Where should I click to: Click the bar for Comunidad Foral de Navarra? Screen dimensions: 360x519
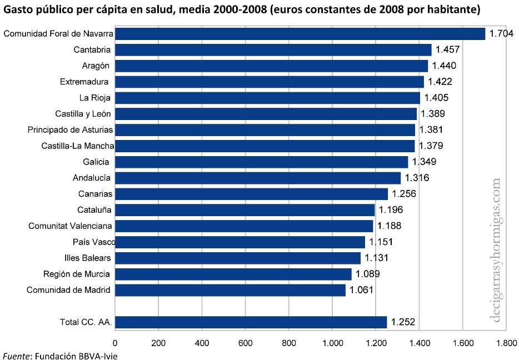pyautogui.click(x=300, y=34)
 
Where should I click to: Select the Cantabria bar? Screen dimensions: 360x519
pyautogui.click(x=273, y=50)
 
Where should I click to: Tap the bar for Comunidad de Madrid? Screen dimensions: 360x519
pyautogui.click(x=230, y=290)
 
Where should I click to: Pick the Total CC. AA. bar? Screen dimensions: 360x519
pyautogui.click(x=251, y=322)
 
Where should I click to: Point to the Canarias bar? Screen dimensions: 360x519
pyautogui.click(x=251, y=194)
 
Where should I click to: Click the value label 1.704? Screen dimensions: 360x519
pyautogui.click(x=501, y=34)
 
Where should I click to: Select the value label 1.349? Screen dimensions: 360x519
pyautogui.click(x=424, y=162)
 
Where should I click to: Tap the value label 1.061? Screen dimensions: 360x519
pyautogui.click(x=361, y=290)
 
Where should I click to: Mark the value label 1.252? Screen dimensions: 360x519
pyautogui.click(x=403, y=322)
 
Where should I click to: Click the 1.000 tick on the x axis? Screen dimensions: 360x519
pyautogui.click(x=332, y=343)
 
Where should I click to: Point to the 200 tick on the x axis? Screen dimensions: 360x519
pyautogui.click(x=158, y=343)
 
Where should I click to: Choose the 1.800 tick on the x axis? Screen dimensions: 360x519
pyautogui.click(x=505, y=343)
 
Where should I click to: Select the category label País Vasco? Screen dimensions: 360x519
pyautogui.click(x=93, y=242)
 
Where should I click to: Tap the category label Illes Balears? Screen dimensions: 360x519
pyautogui.click(x=87, y=258)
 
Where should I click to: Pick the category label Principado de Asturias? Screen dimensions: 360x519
pyautogui.click(x=70, y=130)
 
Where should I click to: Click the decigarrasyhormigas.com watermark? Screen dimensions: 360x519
pyautogui.click(x=496, y=250)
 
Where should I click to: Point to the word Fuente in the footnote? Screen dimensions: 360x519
pyautogui.click(x=17, y=356)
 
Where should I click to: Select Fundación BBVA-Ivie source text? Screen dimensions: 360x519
pyautogui.click(x=77, y=356)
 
